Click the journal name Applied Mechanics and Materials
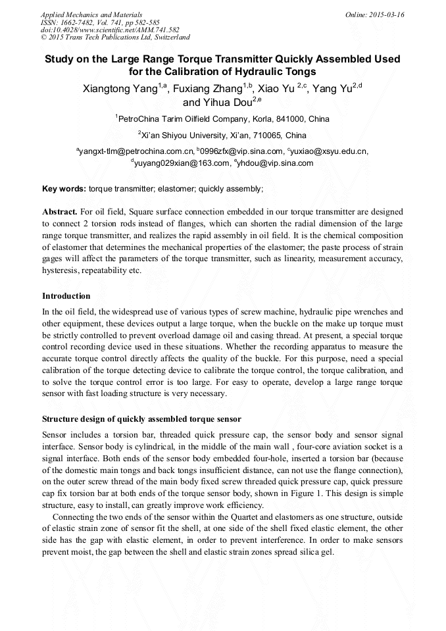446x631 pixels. pos(91,14)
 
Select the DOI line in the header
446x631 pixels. pos(110,30)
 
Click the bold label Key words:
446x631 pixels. pos(64,189)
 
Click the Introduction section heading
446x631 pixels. pos(66,296)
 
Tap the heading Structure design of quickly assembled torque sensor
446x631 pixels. pos(141,419)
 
